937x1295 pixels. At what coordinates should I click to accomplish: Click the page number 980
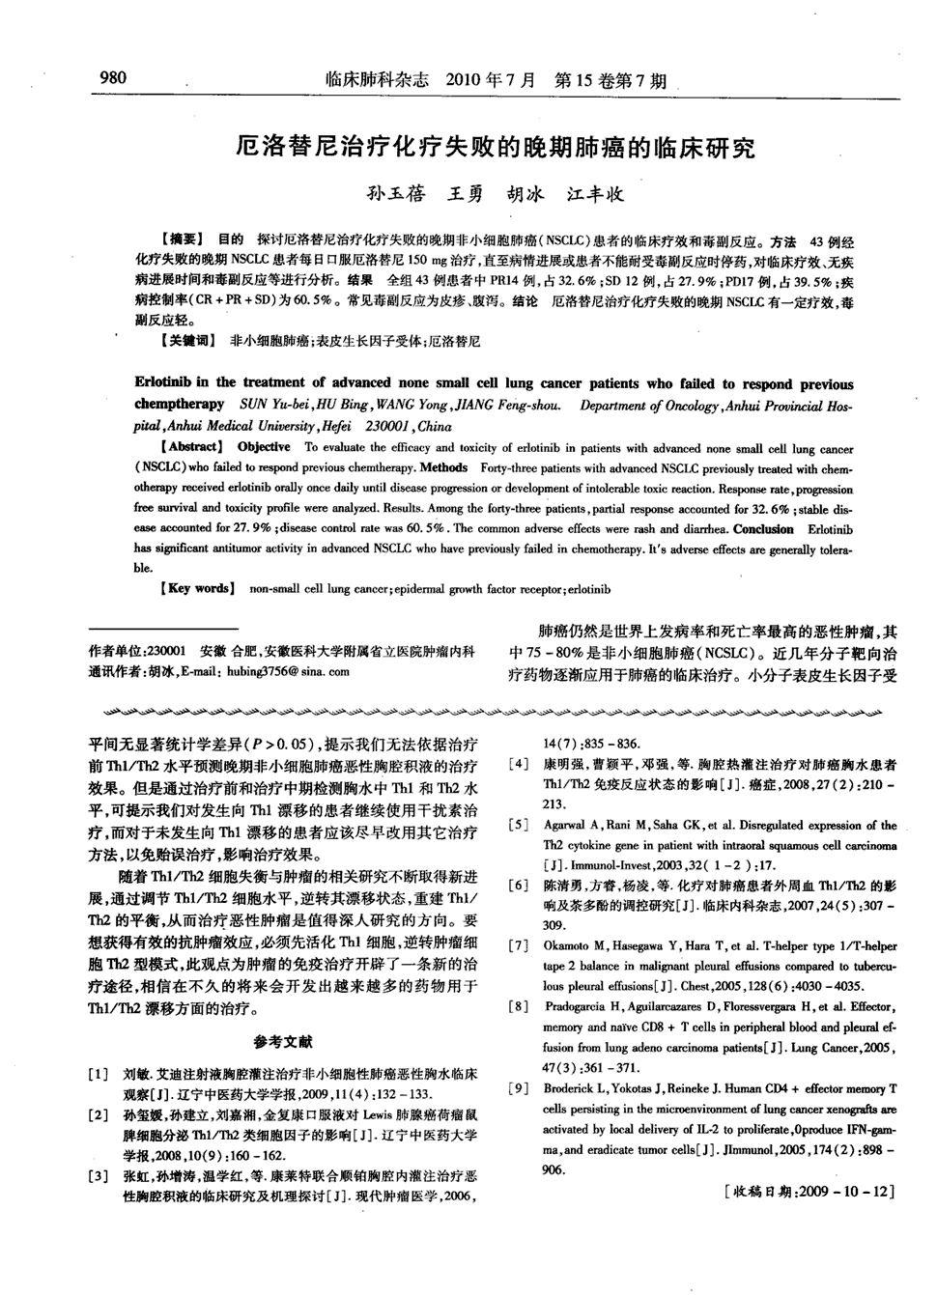pos(113,76)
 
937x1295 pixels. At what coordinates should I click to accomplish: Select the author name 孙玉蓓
pos(395,193)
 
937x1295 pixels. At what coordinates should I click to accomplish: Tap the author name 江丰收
pos(595,193)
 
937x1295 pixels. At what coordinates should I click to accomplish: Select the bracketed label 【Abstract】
pos(191,447)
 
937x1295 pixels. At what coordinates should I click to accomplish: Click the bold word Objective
pos(264,447)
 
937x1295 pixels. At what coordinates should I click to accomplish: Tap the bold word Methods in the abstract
pos(444,467)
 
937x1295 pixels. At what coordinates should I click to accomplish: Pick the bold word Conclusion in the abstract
pos(763,529)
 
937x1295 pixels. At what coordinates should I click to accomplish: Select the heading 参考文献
pos(283,1041)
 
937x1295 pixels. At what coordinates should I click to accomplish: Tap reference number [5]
pos(519,826)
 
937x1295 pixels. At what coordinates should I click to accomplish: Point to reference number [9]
pos(519,1088)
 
